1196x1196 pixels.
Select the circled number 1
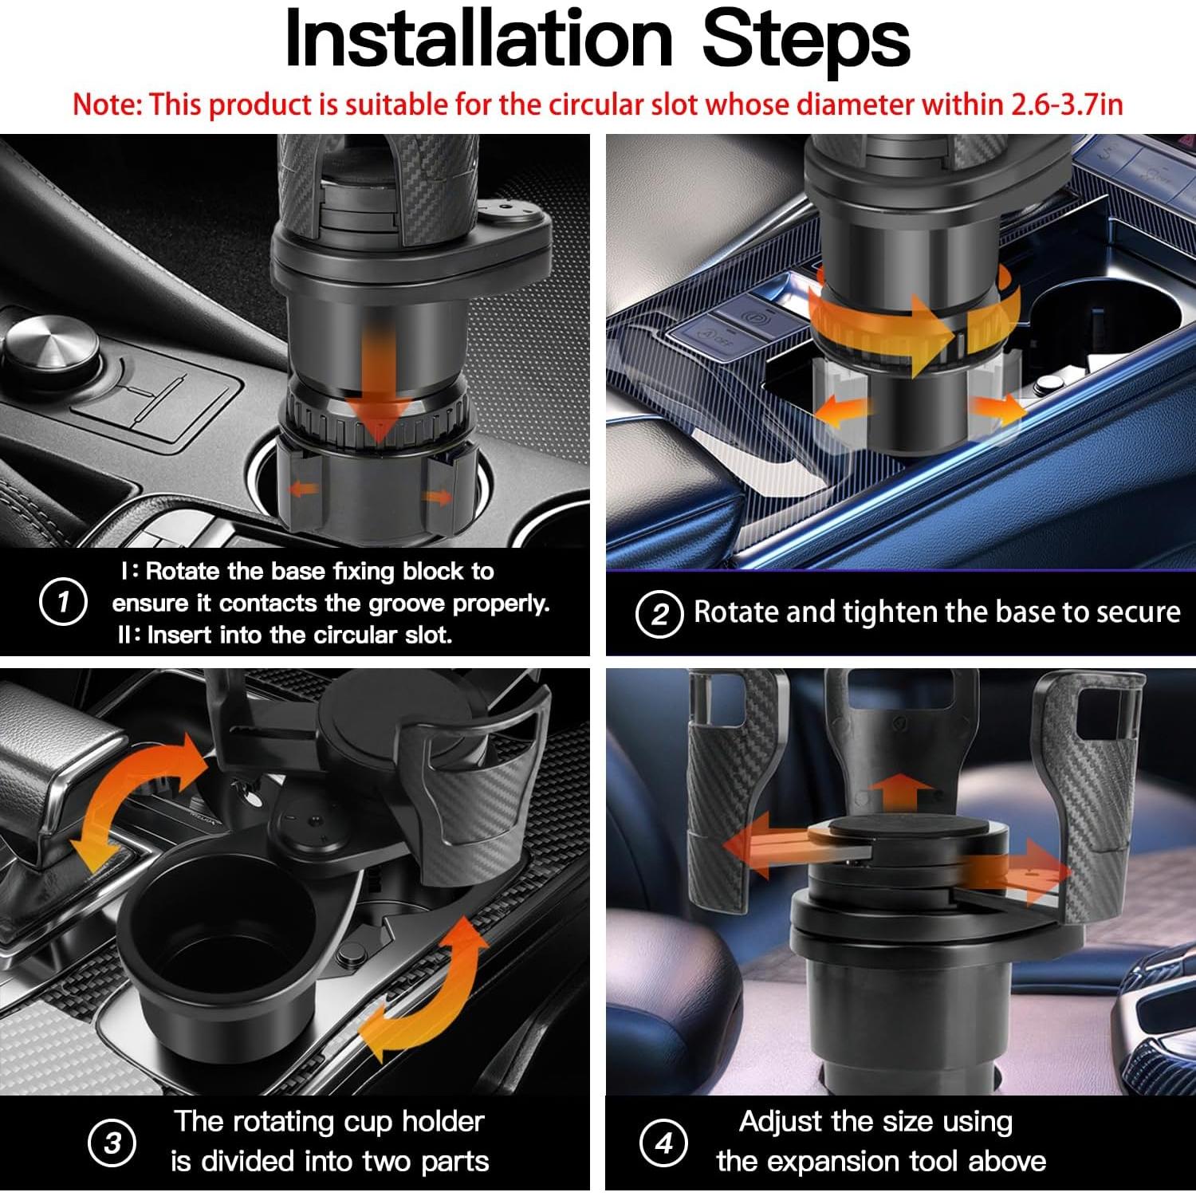(x=63, y=602)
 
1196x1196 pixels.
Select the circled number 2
(x=659, y=614)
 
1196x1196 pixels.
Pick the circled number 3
(x=112, y=1143)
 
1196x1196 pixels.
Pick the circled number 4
(x=663, y=1143)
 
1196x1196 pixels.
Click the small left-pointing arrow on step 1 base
(x=304, y=489)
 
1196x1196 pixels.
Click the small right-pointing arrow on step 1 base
(x=436, y=498)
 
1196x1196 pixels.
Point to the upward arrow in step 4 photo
(x=900, y=789)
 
